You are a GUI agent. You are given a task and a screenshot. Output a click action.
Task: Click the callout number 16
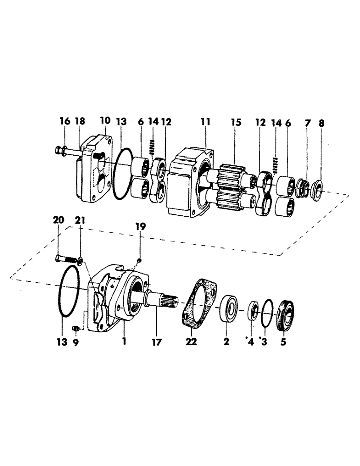[x=65, y=122]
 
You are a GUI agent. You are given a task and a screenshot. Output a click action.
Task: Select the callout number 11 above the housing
[x=206, y=122]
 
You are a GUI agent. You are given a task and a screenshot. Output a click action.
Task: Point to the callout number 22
[x=191, y=342]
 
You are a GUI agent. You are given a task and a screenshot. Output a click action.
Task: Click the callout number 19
[x=141, y=226]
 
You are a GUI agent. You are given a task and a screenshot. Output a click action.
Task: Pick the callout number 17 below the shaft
[x=156, y=342]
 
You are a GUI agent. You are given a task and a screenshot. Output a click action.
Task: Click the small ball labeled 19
[x=139, y=260]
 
